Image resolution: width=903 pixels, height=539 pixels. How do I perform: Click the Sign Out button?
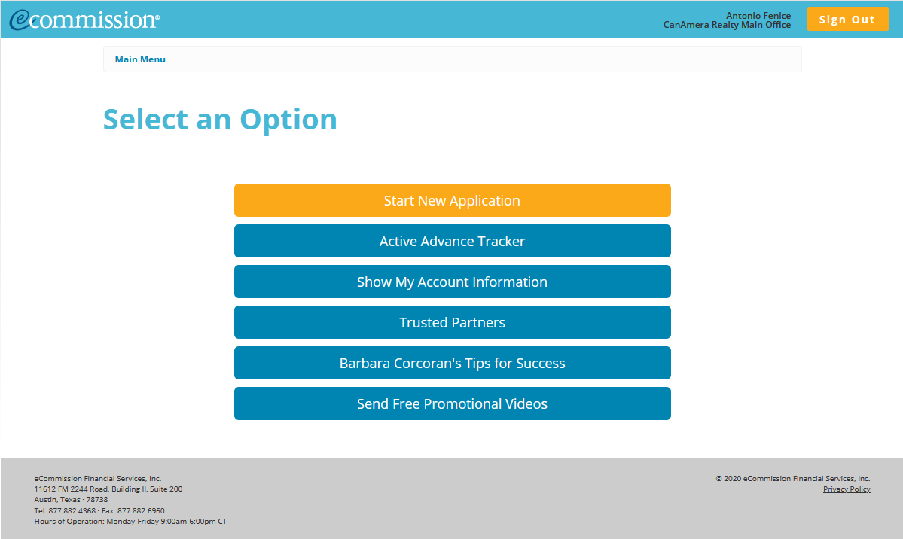click(x=847, y=20)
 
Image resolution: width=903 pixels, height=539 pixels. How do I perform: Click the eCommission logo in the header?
click(x=84, y=20)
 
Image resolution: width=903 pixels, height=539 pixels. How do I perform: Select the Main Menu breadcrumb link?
click(x=140, y=59)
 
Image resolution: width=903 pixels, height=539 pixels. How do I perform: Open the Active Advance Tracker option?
click(x=452, y=242)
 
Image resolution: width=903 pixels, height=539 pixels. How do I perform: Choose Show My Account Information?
click(x=452, y=282)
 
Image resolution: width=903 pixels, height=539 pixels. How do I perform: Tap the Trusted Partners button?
click(x=452, y=323)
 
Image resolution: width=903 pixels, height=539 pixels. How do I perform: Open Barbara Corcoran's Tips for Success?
click(x=452, y=364)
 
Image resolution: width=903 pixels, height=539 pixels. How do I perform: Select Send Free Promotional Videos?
click(x=452, y=404)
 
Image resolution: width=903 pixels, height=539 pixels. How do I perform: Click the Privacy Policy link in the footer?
click(x=847, y=489)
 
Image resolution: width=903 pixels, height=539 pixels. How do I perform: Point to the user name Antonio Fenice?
click(x=758, y=16)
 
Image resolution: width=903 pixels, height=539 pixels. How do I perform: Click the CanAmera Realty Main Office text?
click(x=727, y=25)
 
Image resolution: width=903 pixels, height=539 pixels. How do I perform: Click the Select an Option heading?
click(x=220, y=120)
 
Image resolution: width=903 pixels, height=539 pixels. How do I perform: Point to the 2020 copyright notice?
click(x=792, y=479)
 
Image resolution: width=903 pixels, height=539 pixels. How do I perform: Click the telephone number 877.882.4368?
click(x=72, y=511)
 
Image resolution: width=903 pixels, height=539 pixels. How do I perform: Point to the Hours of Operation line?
click(x=130, y=522)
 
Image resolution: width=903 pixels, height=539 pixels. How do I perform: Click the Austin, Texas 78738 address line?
click(x=71, y=500)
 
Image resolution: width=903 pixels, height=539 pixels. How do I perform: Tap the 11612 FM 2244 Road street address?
click(x=108, y=489)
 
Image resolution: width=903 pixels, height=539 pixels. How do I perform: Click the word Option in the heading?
click(x=288, y=120)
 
